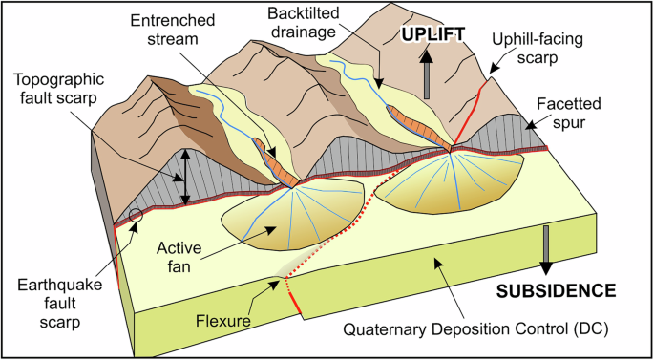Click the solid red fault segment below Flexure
point(295,304)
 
